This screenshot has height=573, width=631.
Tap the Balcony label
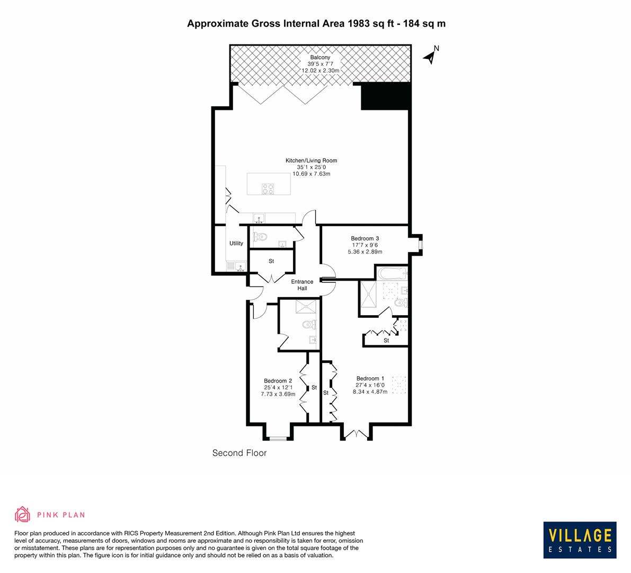pos(320,57)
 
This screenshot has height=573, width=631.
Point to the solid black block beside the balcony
pos(386,97)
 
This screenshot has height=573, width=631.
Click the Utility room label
pos(236,244)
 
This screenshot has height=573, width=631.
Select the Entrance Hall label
pos(302,285)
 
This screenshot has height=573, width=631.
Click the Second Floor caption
pos(239,453)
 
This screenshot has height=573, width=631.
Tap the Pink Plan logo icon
pos(23,514)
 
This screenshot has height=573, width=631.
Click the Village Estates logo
pos(579,540)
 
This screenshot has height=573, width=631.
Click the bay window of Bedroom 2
pos(277,438)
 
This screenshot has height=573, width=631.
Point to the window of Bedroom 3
pos(420,245)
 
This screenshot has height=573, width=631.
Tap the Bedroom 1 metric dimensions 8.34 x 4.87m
pos(370,392)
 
